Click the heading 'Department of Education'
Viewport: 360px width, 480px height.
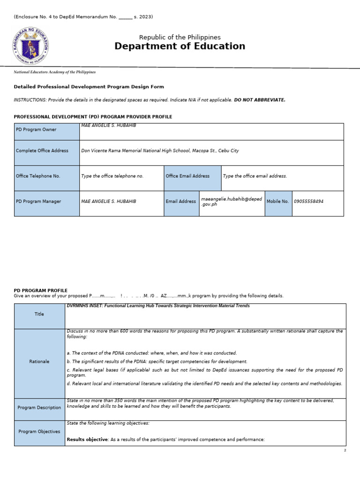coord(180,46)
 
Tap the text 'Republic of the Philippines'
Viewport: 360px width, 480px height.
coord(180,37)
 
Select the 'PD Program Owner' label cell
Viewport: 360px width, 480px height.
coord(47,130)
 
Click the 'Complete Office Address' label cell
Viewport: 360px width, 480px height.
coord(47,151)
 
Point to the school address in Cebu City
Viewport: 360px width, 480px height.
coord(160,151)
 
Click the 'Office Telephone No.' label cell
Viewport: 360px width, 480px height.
coord(47,176)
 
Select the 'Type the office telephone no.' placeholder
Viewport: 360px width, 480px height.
coord(112,176)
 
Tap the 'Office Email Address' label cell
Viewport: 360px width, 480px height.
coord(192,176)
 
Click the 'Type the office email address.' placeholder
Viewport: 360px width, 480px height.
coord(255,176)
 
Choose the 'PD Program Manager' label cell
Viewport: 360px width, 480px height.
coord(47,202)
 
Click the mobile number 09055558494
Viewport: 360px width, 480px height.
coord(308,202)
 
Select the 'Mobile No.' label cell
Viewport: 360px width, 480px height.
coord(278,202)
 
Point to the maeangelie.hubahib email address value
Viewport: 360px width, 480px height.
coord(231,202)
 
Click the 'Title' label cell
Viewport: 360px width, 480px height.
coord(39,314)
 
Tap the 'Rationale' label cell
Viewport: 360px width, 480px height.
coord(39,361)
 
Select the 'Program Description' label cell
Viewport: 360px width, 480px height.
coord(39,408)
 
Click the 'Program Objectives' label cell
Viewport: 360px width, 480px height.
coord(39,432)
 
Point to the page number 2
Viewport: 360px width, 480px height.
coord(345,450)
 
